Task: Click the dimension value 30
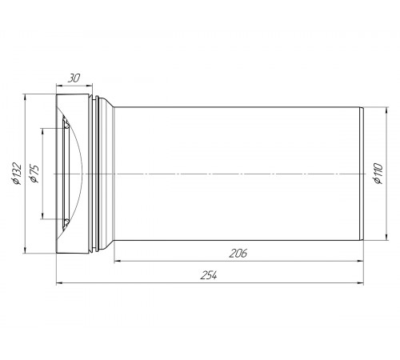click(x=74, y=78)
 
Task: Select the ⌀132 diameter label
click(x=17, y=174)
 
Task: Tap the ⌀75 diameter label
click(x=35, y=174)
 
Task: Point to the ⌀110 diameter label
click(x=378, y=174)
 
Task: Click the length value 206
click(x=238, y=253)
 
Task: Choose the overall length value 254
click(x=209, y=275)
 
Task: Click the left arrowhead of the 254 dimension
click(x=60, y=282)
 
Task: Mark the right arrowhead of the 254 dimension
click(x=360, y=282)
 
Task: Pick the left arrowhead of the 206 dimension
click(x=118, y=261)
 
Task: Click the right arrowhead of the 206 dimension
click(x=360, y=261)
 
